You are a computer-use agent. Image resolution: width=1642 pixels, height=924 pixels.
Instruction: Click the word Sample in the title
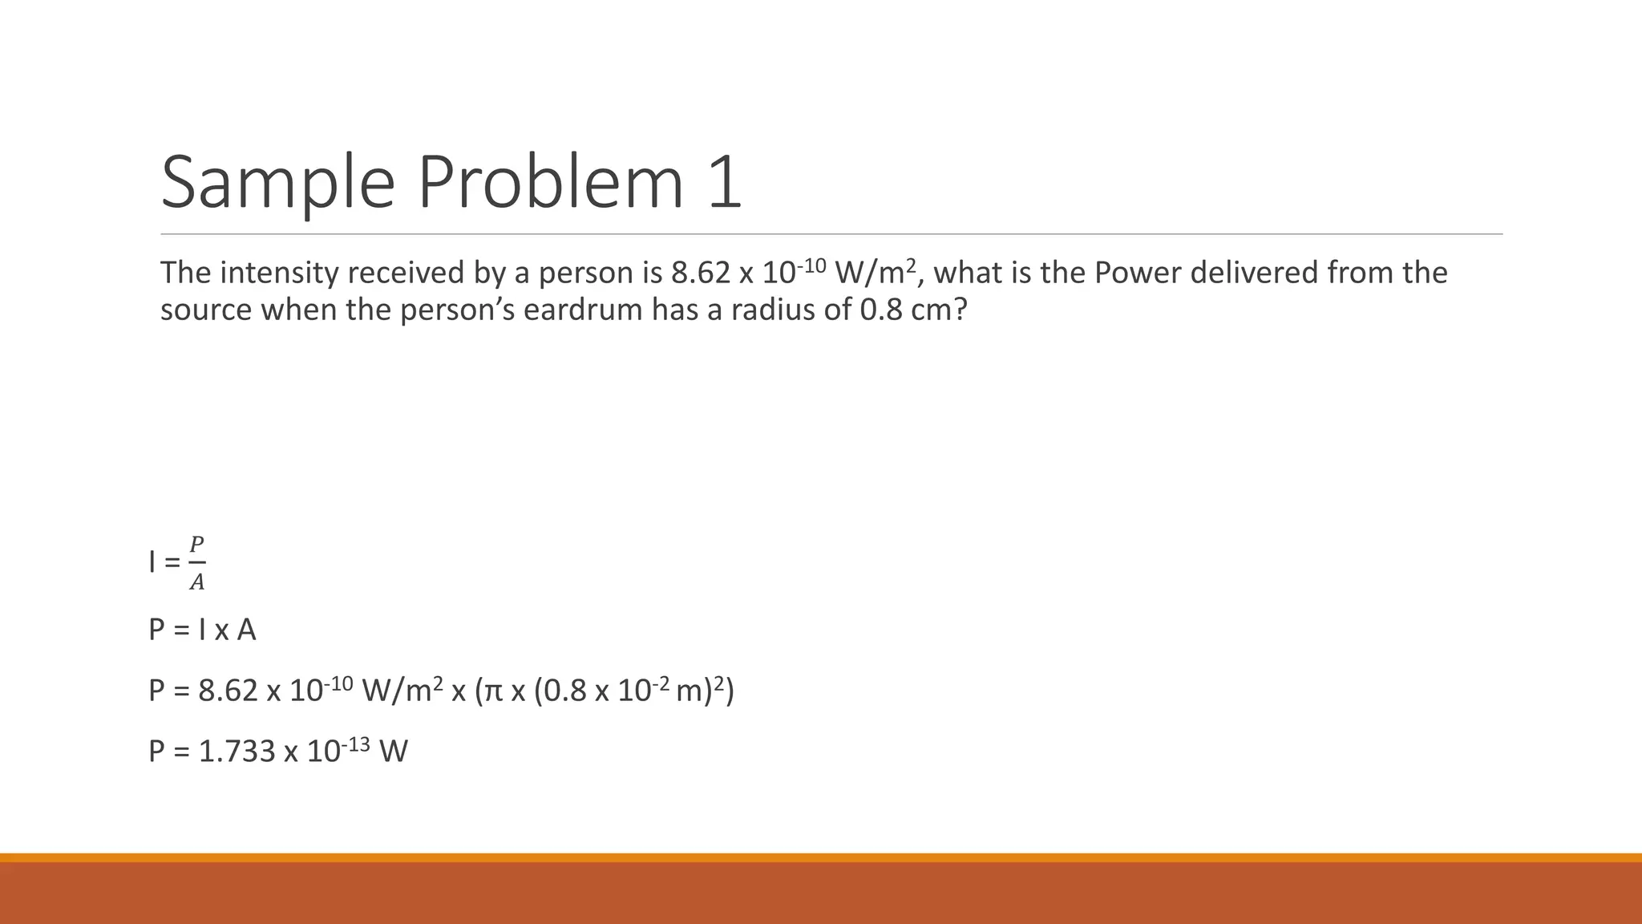tap(277, 183)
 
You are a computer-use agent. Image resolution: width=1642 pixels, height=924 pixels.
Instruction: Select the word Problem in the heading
tap(550, 183)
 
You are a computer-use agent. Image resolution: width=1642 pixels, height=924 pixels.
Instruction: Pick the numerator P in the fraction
tap(196, 545)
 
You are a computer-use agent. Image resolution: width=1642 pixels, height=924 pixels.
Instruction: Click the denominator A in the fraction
tap(196, 583)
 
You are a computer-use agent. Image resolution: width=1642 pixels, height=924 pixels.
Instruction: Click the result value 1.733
tap(237, 752)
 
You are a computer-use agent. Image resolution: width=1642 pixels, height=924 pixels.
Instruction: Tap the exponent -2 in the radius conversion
tap(661, 683)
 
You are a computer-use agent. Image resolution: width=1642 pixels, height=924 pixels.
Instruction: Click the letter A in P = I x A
tap(246, 630)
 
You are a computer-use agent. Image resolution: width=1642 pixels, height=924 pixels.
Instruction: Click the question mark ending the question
tap(960, 310)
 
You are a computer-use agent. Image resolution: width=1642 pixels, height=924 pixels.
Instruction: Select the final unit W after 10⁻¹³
tap(394, 752)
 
